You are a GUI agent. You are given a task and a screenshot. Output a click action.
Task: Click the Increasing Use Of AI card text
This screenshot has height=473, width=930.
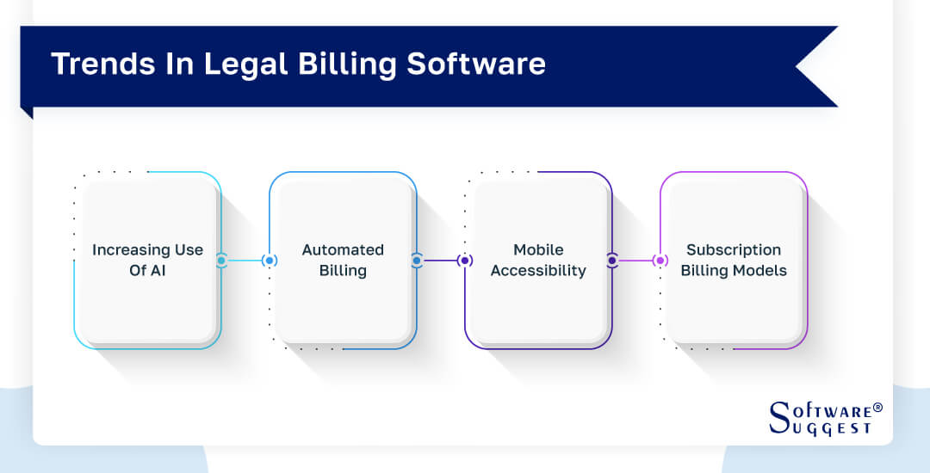point(147,260)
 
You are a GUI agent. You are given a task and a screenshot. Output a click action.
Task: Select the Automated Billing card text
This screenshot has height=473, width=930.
point(343,260)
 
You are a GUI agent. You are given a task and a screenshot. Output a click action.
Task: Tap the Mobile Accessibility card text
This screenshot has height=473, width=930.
point(538,260)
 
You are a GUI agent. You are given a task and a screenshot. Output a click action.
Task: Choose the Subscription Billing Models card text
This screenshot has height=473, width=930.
point(734,260)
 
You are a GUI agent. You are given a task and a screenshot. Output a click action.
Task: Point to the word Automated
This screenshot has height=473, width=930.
point(343,249)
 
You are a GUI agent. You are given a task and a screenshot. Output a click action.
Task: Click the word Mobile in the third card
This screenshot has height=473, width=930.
point(538,249)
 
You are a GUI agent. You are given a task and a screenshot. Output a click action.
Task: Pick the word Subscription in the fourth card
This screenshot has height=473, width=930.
point(734,249)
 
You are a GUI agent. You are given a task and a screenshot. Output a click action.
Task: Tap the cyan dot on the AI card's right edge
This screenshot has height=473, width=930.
point(221,260)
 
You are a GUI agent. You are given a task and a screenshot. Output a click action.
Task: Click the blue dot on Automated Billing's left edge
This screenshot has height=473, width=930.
point(270,260)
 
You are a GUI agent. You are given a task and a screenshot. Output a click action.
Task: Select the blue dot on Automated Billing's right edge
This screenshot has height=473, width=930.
point(417,260)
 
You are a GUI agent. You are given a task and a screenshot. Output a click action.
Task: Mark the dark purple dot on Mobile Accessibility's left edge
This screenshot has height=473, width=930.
point(465,260)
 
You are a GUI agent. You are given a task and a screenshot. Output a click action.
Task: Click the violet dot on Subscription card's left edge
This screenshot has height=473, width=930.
point(660,260)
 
